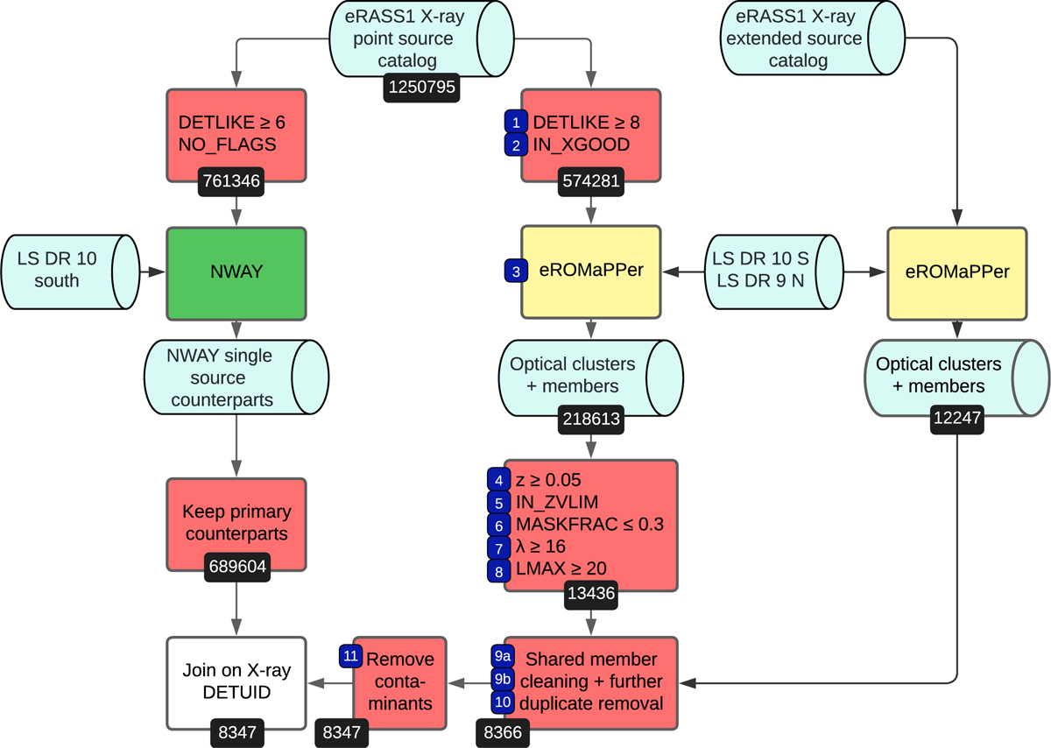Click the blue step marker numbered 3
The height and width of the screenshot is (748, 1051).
click(517, 272)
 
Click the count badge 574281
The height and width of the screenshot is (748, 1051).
click(591, 182)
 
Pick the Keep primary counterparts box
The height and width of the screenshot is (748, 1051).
click(236, 523)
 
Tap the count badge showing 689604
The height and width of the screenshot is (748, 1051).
click(236, 567)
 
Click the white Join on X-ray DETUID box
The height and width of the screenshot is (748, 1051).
click(236, 682)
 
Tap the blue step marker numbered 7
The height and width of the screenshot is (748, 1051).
click(499, 547)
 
